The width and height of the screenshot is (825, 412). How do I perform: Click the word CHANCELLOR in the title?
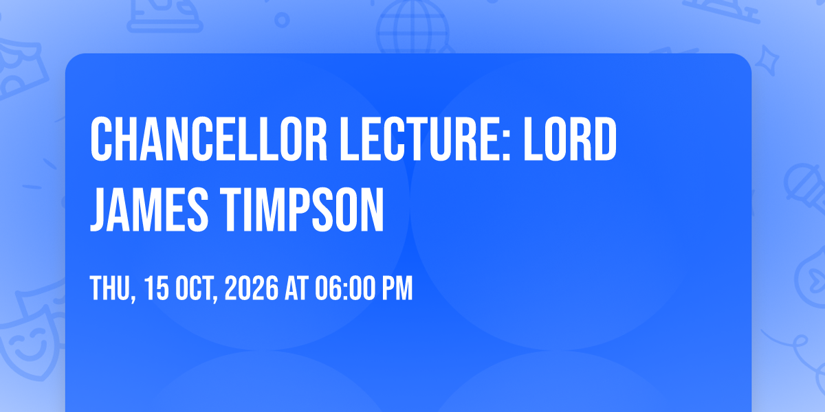[209, 139]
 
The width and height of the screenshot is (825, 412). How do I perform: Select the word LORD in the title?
[570, 139]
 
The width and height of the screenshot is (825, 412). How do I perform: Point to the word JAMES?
[149, 209]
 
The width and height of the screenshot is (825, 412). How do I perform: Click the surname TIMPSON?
[302, 209]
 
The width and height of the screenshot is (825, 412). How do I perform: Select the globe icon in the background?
[412, 27]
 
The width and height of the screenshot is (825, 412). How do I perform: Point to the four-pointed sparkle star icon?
[767, 60]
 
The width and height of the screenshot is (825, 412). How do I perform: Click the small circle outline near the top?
[282, 20]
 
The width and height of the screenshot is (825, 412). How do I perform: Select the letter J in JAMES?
[96, 209]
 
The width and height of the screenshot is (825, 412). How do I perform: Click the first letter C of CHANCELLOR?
[101, 139]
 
